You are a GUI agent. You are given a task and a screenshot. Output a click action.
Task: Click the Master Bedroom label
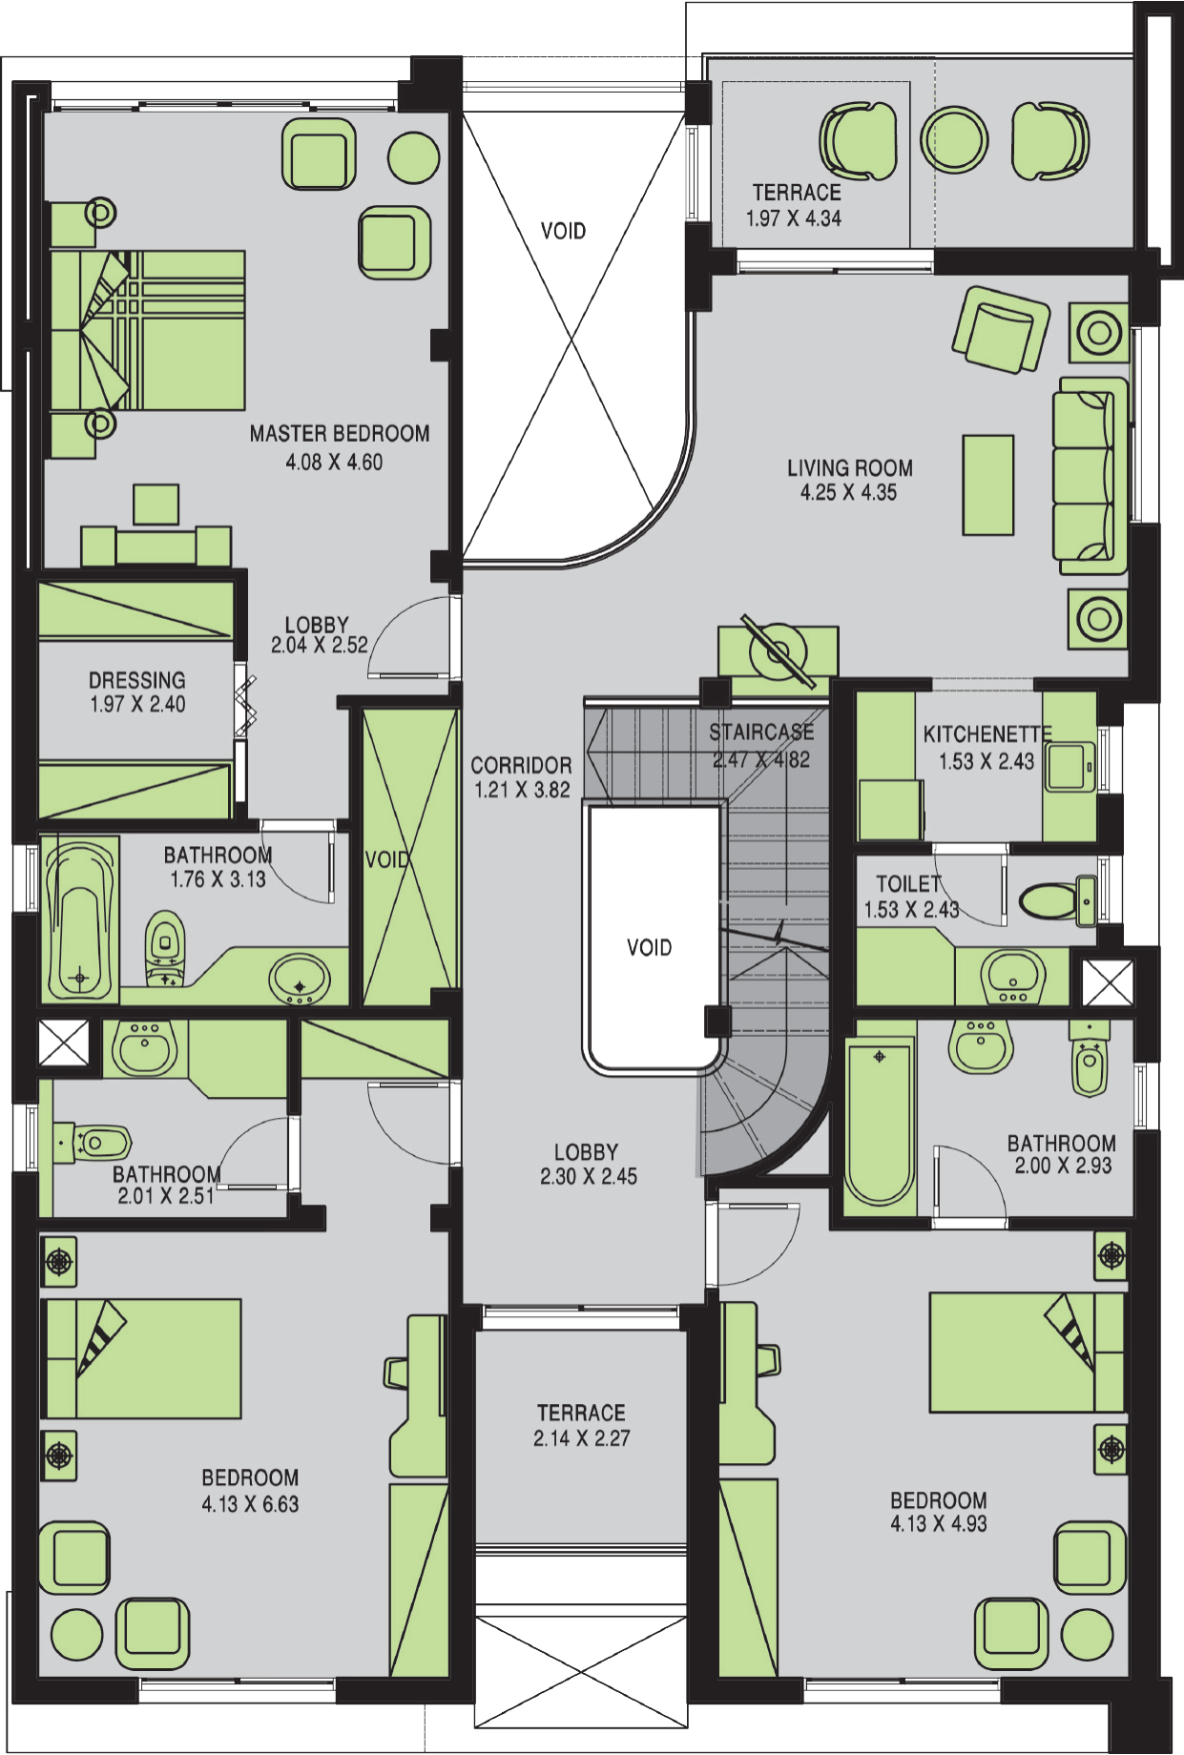(x=340, y=434)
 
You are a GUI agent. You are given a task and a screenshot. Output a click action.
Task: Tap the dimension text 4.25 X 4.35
(x=849, y=493)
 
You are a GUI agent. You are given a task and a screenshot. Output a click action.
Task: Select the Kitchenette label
(x=987, y=734)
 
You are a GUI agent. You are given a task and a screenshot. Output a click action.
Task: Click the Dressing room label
(x=137, y=680)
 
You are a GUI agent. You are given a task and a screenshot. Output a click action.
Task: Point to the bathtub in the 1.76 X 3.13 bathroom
(x=80, y=919)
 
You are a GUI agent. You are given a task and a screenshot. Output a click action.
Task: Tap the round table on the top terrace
(x=954, y=139)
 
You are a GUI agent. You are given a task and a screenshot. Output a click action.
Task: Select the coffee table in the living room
(x=987, y=485)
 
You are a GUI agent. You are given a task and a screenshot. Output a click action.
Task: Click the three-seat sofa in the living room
(x=1090, y=475)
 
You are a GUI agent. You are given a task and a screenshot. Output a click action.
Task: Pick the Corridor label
(x=521, y=766)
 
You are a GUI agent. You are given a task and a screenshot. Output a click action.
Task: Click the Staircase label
(x=761, y=733)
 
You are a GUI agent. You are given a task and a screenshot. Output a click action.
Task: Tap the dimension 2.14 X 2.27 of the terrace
(x=582, y=1438)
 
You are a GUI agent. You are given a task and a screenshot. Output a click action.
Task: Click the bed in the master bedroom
(x=147, y=330)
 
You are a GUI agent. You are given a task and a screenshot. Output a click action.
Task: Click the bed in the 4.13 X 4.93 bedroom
(x=1027, y=1352)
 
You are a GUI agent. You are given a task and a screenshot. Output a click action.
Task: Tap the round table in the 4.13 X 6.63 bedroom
(x=76, y=1636)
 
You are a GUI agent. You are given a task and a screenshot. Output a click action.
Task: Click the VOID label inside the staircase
(x=650, y=947)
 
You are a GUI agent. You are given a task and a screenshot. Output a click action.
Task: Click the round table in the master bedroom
(x=414, y=156)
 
